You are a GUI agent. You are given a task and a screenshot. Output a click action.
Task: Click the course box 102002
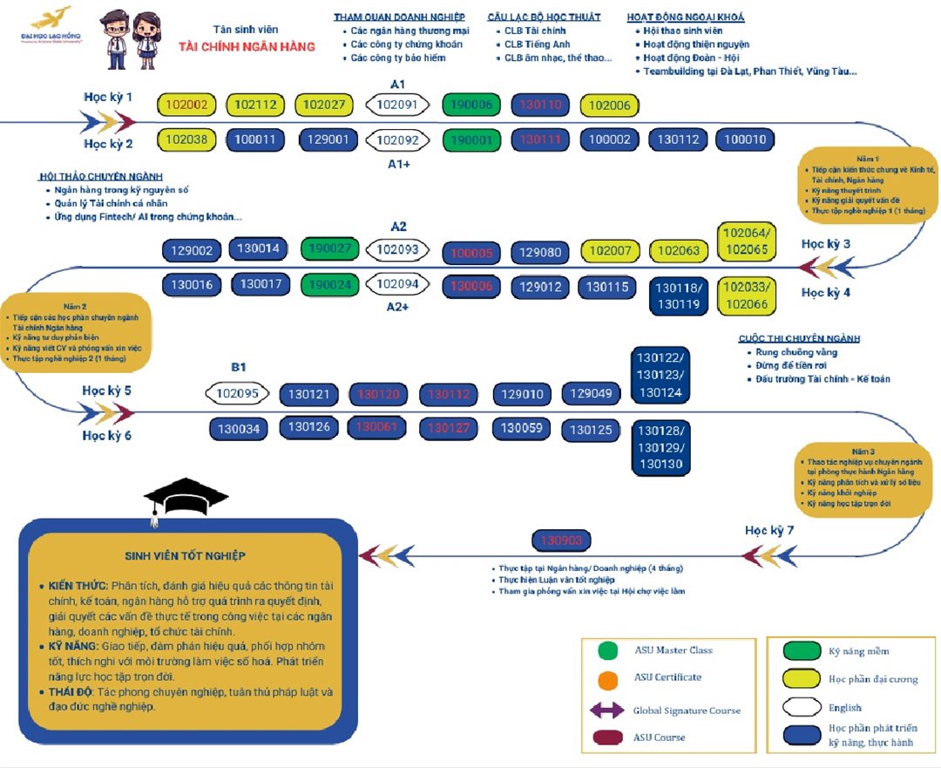point(186,105)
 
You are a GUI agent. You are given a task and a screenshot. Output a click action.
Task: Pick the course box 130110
point(540,105)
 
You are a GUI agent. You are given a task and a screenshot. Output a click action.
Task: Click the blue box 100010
point(745,139)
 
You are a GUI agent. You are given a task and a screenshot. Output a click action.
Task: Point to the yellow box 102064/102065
point(747,242)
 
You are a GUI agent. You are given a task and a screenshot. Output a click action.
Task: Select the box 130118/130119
point(678,296)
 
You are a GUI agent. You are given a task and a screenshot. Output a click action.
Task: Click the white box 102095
point(237,393)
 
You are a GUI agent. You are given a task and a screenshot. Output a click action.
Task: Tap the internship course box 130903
point(561,540)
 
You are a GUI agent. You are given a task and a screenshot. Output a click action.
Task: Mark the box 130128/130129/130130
point(661,448)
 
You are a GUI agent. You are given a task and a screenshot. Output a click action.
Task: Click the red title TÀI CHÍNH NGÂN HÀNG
point(247,46)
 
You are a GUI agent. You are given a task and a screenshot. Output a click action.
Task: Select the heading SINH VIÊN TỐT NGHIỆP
point(185,555)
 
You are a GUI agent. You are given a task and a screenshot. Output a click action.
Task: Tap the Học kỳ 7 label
point(768,530)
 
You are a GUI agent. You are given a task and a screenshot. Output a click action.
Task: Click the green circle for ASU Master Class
point(608,650)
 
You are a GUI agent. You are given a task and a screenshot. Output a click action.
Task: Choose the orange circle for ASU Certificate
point(608,678)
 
